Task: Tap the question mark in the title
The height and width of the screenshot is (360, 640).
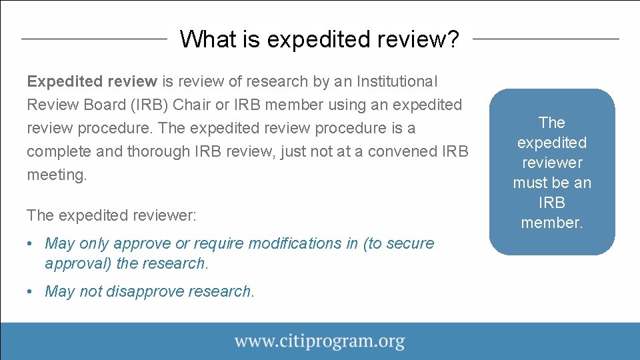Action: click(x=453, y=39)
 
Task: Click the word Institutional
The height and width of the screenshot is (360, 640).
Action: click(x=397, y=82)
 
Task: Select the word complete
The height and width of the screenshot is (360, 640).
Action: click(x=59, y=152)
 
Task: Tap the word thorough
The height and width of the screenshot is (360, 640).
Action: click(x=154, y=152)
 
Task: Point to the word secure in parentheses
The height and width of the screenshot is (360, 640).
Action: click(x=408, y=244)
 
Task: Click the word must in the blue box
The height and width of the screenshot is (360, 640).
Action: click(x=531, y=183)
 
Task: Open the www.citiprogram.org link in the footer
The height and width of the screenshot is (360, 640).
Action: click(x=319, y=342)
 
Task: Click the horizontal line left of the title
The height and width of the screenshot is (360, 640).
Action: click(x=93, y=39)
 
